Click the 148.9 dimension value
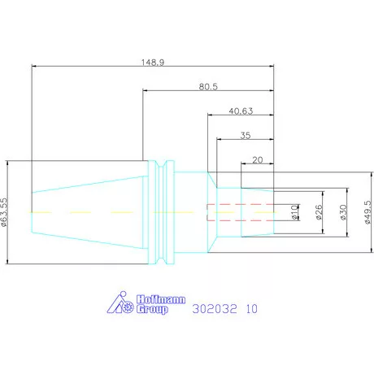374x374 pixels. (153, 63)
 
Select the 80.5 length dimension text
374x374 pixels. (208, 87)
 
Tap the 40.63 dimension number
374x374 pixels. (241, 111)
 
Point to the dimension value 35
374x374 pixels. (246, 136)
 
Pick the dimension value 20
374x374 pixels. (258, 160)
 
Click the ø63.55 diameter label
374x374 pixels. (4, 212)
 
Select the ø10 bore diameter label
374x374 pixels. (294, 212)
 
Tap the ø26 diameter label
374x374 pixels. (319, 212)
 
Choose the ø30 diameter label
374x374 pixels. (343, 212)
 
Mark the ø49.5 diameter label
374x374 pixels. (367, 212)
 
